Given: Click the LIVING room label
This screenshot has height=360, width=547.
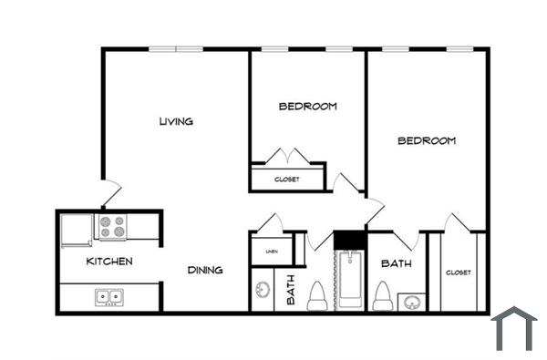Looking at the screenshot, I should click(x=176, y=121).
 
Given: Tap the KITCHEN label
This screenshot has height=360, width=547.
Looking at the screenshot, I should click(x=109, y=262).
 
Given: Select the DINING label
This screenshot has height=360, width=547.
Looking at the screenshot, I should click(x=205, y=270).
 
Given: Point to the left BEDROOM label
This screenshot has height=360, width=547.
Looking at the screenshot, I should click(x=307, y=107).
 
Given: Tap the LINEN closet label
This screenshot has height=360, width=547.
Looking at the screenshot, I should click(x=272, y=251).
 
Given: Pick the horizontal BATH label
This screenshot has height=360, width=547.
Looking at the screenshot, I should click(x=397, y=263).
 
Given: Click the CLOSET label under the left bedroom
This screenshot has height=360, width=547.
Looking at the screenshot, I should click(x=286, y=180).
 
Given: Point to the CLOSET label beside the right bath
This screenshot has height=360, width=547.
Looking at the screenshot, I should click(x=458, y=273).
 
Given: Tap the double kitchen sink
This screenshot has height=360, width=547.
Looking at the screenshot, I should click(x=109, y=296).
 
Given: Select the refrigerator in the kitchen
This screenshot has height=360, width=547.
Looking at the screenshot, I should click(x=76, y=229).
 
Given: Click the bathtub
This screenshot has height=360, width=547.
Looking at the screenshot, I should click(x=348, y=281).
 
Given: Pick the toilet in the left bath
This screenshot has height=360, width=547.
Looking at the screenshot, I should click(x=318, y=296).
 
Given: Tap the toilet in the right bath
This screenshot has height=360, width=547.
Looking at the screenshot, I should click(x=384, y=296).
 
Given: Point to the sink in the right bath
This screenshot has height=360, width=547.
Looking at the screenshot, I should click(x=412, y=302).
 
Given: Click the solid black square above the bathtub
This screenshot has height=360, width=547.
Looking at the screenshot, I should click(x=349, y=240).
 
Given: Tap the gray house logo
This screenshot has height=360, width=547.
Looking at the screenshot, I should click(x=514, y=328).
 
